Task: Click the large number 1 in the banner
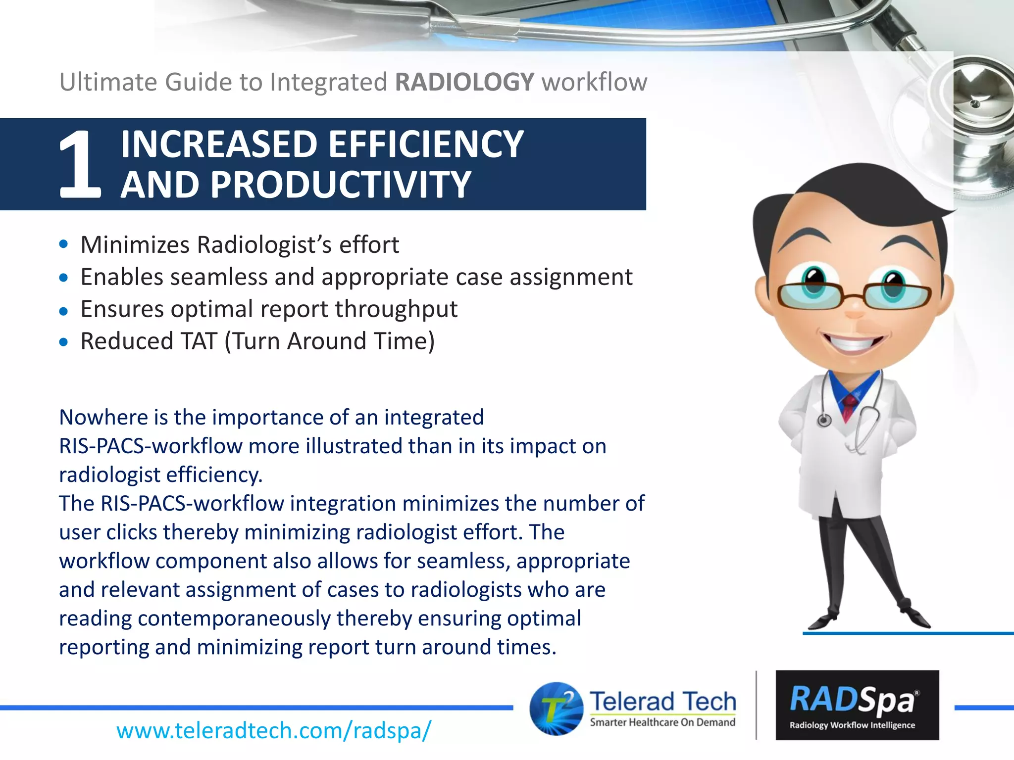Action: (x=79, y=165)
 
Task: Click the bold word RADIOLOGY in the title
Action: (x=464, y=82)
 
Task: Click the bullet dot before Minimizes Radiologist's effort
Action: (x=63, y=244)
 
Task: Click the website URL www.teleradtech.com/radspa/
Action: (x=273, y=730)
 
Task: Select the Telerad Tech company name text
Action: (x=662, y=702)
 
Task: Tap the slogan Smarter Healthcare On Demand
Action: (x=662, y=722)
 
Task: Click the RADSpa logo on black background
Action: (x=857, y=705)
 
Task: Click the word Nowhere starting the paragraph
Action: (x=102, y=418)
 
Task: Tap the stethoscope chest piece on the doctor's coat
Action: (x=824, y=421)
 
